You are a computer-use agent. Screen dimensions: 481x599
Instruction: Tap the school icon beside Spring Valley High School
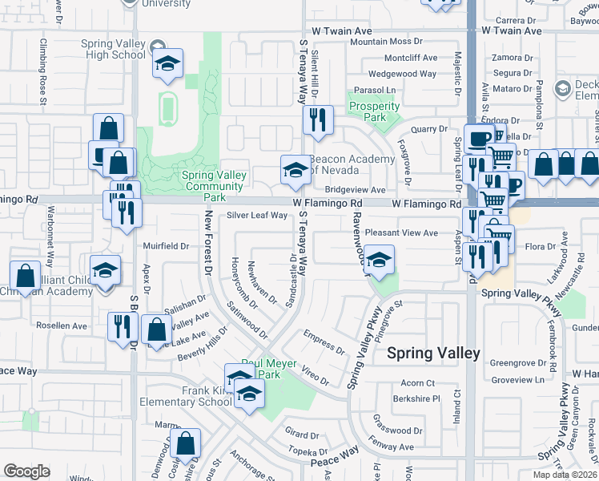[x=167, y=63]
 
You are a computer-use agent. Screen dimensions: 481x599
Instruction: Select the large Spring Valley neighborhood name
[x=433, y=353]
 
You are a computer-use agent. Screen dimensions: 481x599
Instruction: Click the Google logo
[x=26, y=471]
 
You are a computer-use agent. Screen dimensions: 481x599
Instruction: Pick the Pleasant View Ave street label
[x=401, y=232]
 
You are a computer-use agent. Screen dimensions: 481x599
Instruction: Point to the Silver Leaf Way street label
[x=256, y=215]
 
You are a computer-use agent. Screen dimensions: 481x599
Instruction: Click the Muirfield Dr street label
[x=166, y=246]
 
